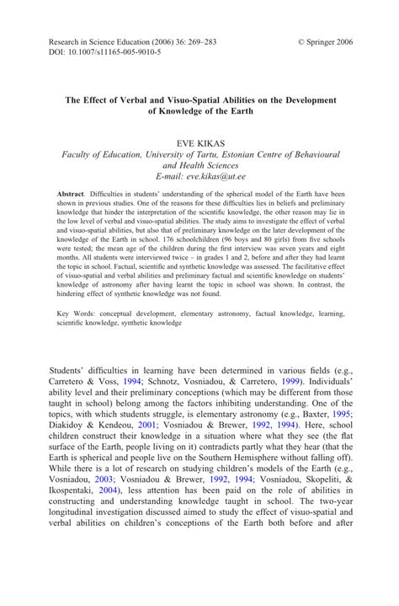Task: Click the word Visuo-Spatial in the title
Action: point(188,99)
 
